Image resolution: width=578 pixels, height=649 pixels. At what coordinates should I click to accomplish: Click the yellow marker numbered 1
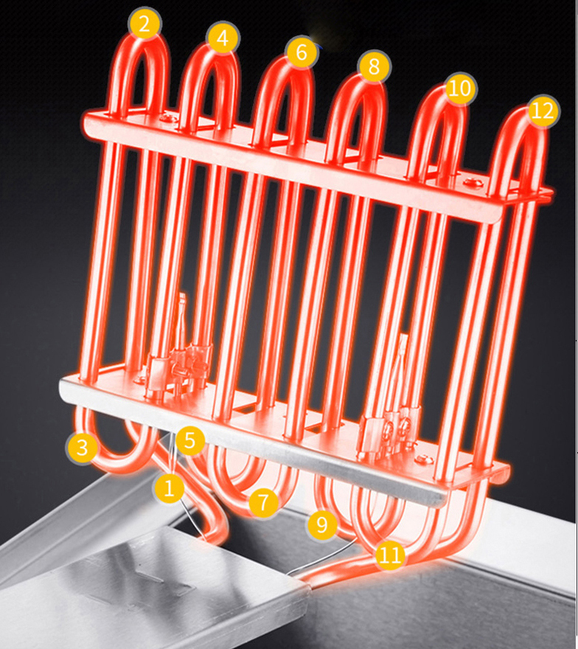169,487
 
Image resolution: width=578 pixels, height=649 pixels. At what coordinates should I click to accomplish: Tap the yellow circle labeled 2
144,24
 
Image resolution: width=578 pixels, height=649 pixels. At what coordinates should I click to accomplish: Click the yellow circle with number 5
190,442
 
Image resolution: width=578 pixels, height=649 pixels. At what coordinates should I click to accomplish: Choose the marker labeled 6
301,53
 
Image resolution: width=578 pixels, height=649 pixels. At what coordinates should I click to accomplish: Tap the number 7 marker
263,503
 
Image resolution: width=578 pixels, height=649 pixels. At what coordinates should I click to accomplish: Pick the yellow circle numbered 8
375,68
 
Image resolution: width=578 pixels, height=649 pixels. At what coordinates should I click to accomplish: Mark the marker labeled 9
322,525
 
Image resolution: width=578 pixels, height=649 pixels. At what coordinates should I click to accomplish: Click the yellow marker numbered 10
459,89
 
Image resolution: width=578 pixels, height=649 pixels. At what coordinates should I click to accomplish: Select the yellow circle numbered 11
390,555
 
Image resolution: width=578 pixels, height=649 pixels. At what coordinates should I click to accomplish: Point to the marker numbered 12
542,111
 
